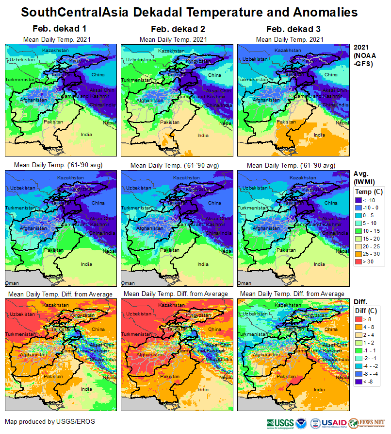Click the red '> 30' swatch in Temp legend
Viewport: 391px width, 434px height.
pos(359,262)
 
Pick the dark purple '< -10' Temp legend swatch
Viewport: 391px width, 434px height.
pos(359,200)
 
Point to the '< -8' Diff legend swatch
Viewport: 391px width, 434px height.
pos(359,382)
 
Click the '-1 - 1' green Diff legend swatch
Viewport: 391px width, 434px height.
pos(359,351)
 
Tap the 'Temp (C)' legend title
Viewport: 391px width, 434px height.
pos(369,192)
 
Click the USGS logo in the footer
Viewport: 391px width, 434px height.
pos(280,423)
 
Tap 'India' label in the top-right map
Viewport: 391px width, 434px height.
pos(319,135)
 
